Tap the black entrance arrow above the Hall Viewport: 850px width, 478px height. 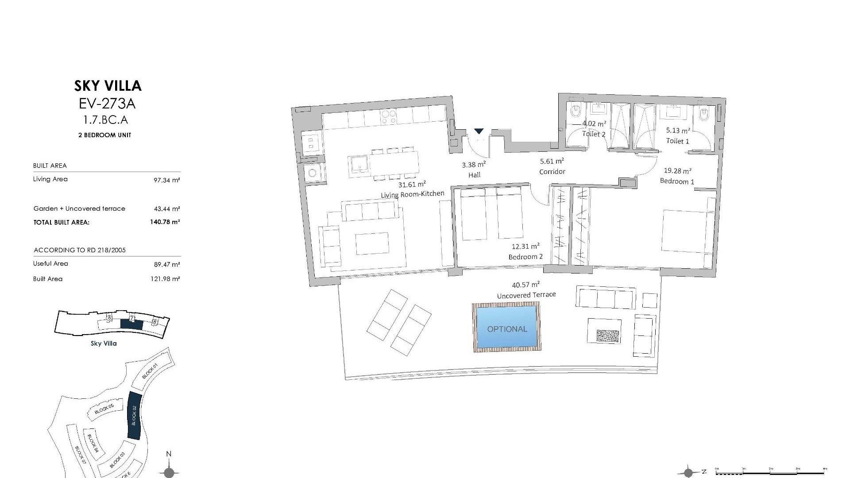[479, 131]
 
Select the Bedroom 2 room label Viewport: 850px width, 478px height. [525, 257]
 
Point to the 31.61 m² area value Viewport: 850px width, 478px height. [412, 185]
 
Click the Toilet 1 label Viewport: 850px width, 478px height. [677, 141]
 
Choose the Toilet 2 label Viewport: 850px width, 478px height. [594, 134]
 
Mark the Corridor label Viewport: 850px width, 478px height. [552, 172]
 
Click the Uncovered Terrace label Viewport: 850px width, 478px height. [526, 295]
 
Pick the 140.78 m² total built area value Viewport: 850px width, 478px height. [165, 222]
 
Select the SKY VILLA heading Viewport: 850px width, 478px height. [108, 85]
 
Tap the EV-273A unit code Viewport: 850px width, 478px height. [107, 104]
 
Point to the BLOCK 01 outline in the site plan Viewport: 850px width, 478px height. [151, 371]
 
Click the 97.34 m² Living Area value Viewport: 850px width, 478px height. [166, 180]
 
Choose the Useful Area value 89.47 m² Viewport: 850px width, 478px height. [166, 265]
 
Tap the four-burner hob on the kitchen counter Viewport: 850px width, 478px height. [389, 117]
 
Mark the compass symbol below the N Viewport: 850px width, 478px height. [169, 472]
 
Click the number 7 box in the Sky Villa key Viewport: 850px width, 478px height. [131, 318]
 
